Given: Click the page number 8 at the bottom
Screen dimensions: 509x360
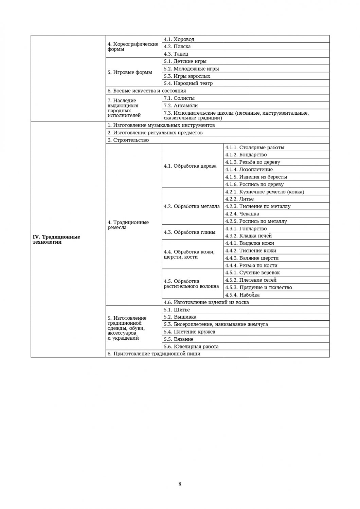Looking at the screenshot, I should coord(180,484).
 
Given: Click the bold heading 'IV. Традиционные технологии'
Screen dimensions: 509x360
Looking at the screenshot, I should coord(56,239).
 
